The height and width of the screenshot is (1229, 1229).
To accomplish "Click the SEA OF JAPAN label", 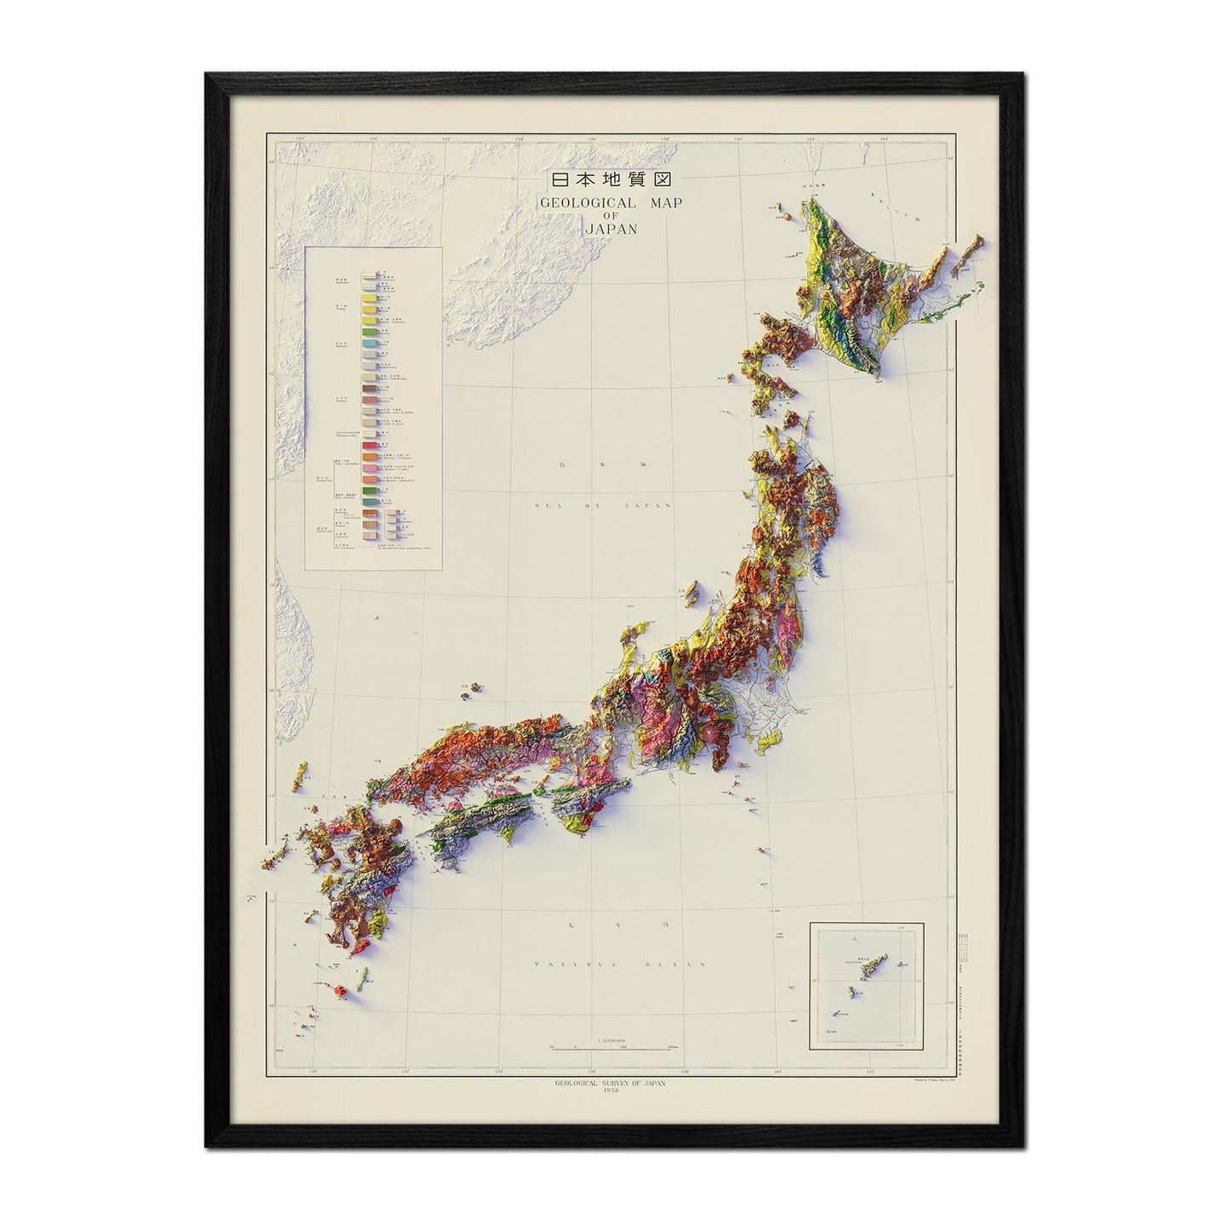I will pos(604,504).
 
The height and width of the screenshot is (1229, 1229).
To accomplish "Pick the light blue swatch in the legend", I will pos(368,341).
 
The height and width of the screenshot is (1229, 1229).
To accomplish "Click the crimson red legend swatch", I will pos(368,445).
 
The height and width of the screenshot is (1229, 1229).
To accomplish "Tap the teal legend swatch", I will pos(368,353).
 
